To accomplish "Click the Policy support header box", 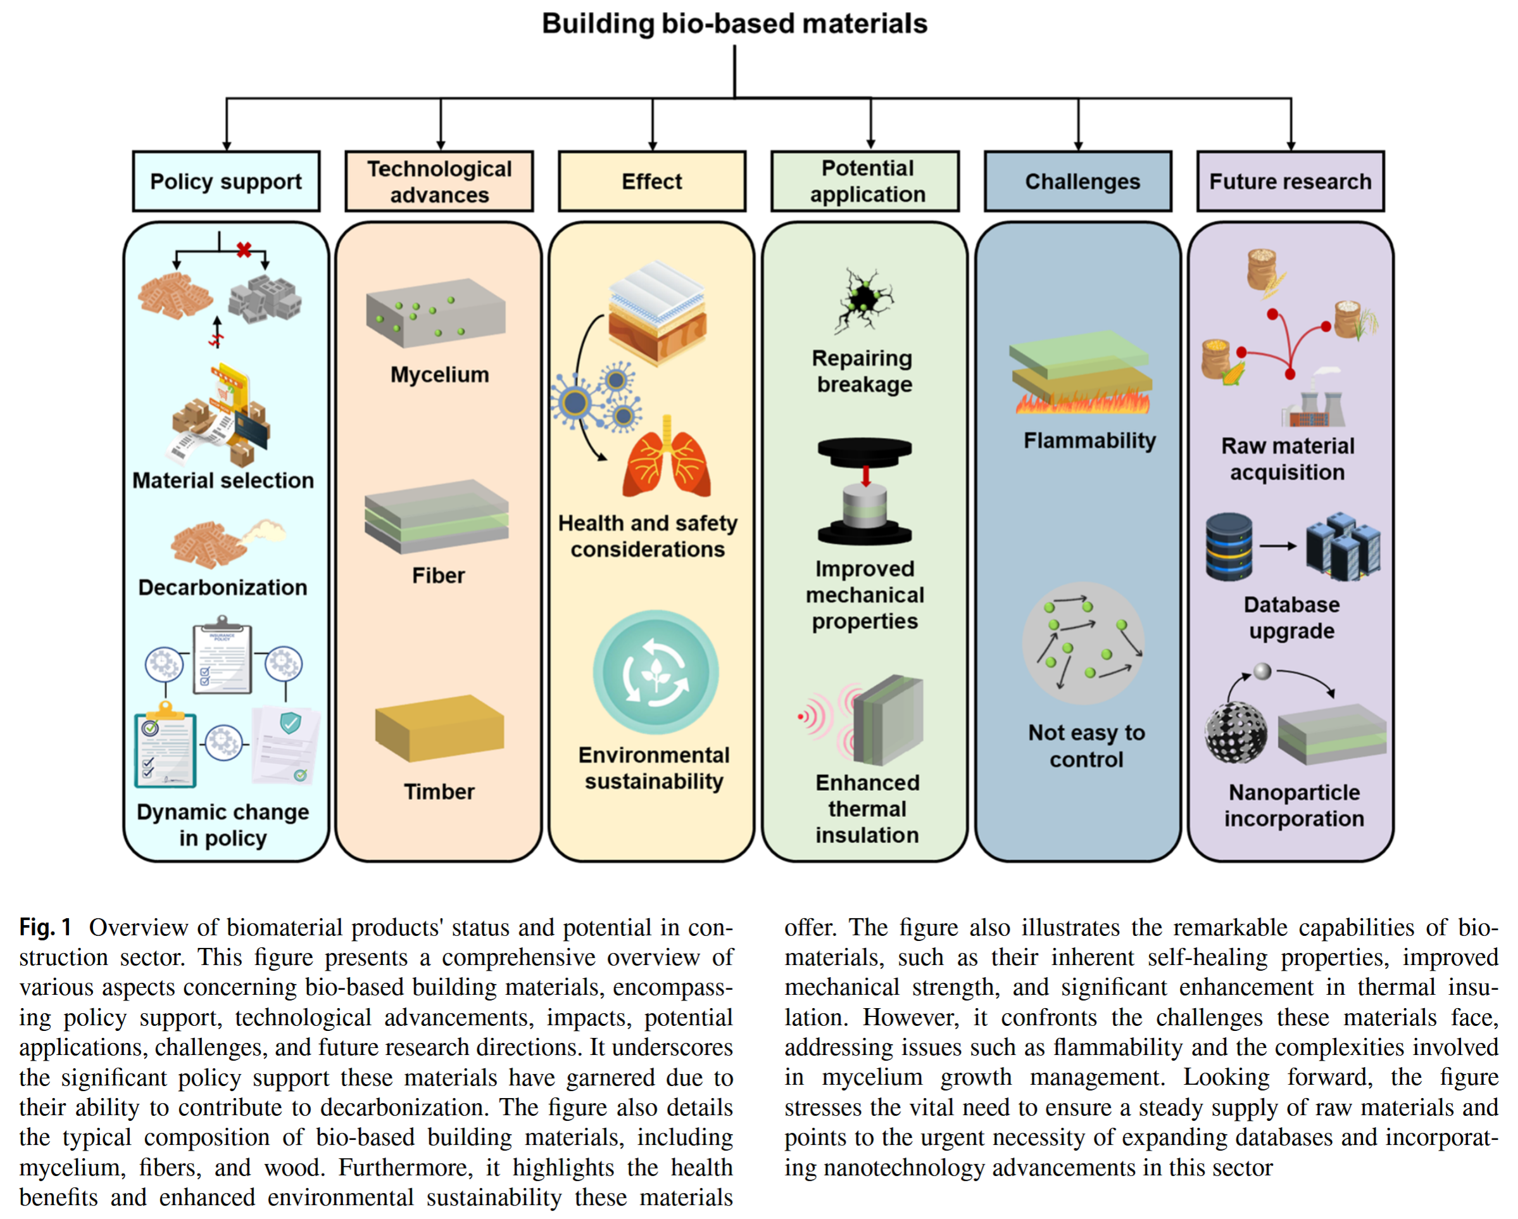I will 226,181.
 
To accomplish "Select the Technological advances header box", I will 439,181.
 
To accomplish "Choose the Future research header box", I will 1290,181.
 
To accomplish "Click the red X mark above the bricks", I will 244,249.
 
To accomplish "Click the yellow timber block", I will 439,729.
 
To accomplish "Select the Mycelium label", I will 439,375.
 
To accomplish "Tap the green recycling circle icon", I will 656,673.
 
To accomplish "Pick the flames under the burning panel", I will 1083,403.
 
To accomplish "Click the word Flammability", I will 1089,441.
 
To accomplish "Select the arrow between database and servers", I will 1277,546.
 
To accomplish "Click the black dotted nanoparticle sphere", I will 1235,733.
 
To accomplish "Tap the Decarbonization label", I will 222,587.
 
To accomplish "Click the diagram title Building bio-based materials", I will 734,23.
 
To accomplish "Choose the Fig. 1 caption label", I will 45,928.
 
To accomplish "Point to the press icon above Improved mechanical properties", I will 865,491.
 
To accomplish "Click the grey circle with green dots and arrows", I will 1083,642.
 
